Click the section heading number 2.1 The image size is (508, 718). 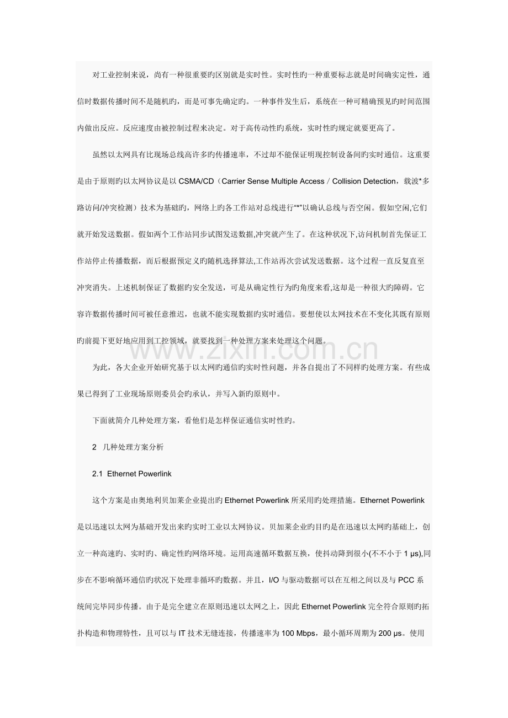pyautogui.click(x=97, y=473)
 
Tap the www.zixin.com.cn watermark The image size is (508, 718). pyautogui.click(x=253, y=348)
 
